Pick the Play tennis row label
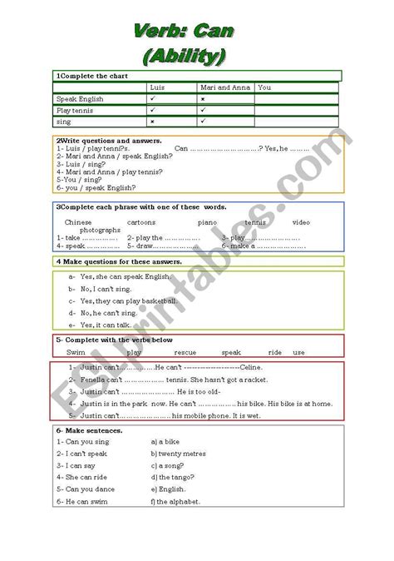coord(75,109)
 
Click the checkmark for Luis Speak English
coord(153,98)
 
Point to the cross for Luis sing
coord(153,121)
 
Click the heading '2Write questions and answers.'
coord(96,141)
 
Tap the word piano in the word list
coord(206,223)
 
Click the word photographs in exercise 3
coord(78,231)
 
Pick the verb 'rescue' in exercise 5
coord(188,352)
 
